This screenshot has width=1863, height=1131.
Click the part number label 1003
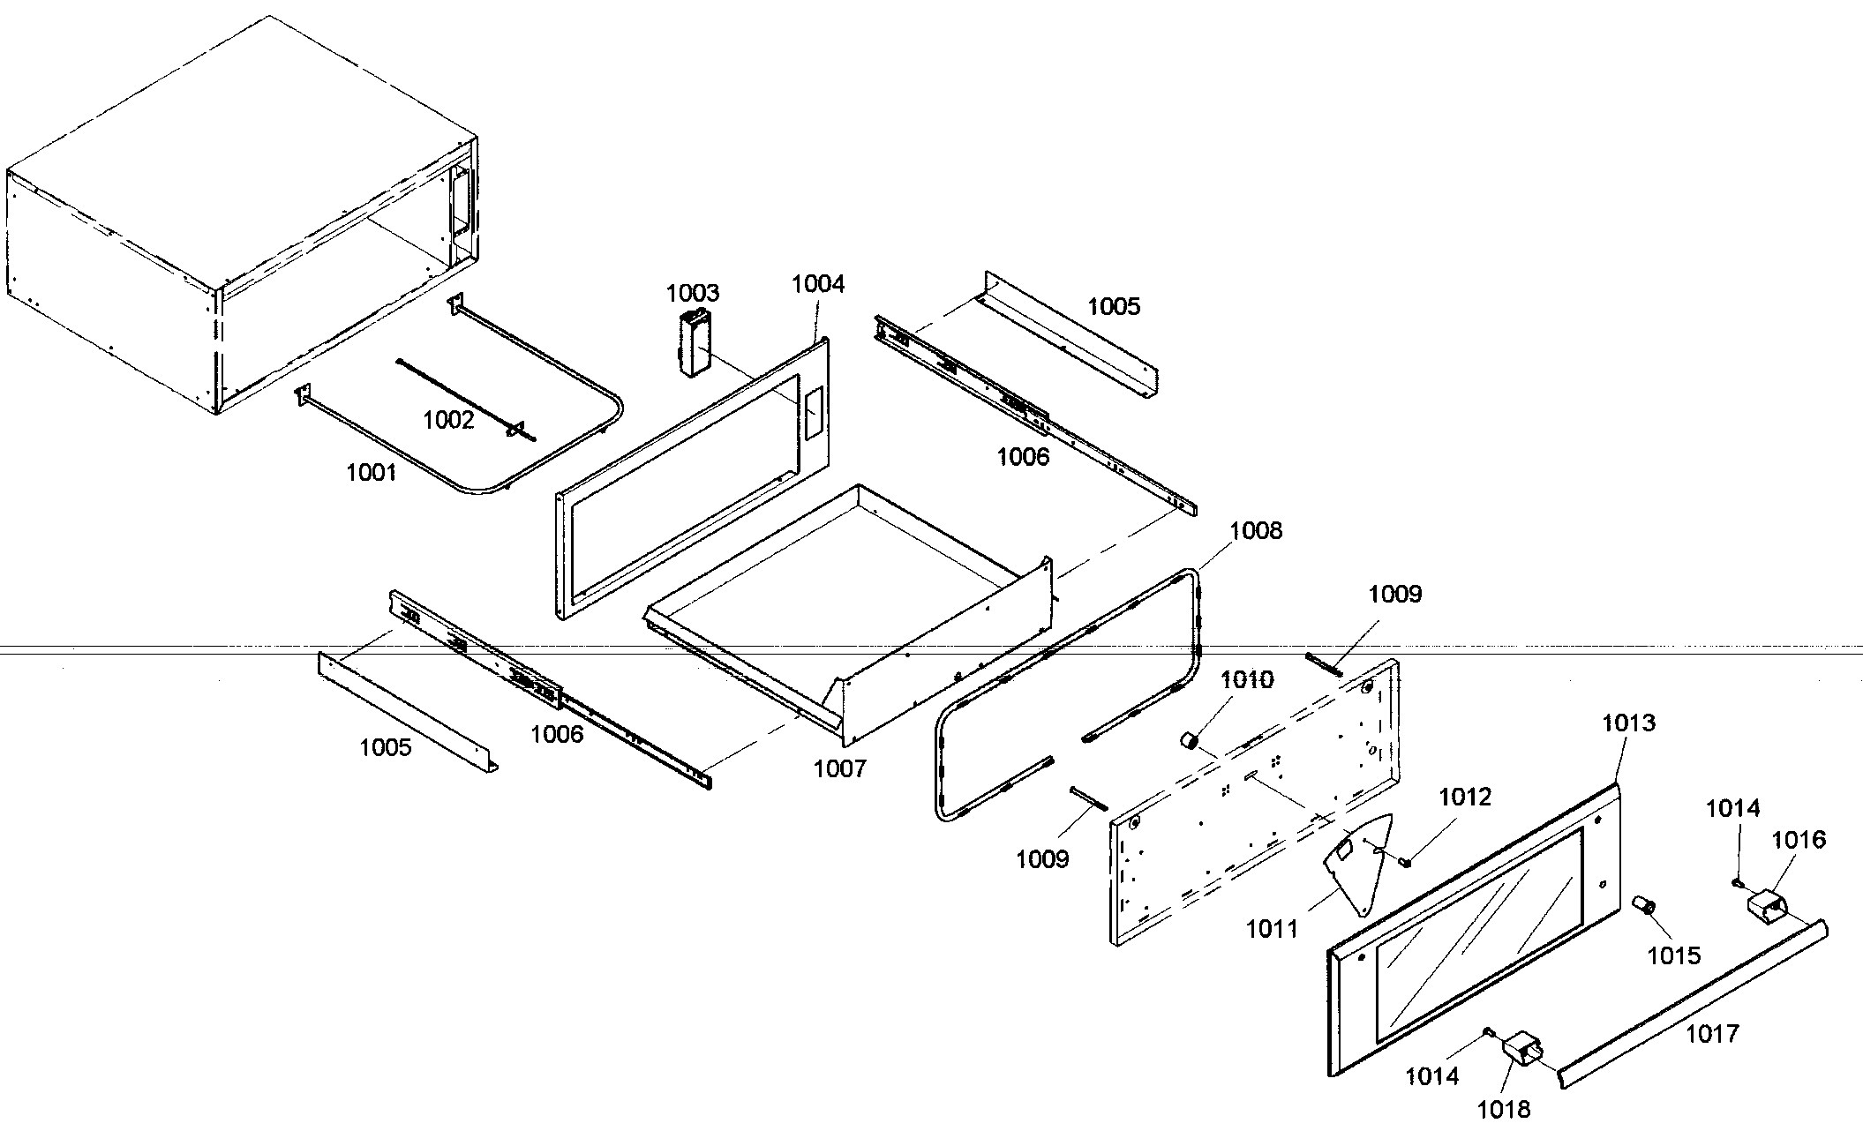(x=693, y=292)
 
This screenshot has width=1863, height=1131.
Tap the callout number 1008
(x=1256, y=530)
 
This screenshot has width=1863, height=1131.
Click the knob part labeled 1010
(x=1190, y=739)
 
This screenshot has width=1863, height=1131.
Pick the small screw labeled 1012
(x=1402, y=861)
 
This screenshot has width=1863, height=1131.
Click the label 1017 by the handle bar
(x=1712, y=1033)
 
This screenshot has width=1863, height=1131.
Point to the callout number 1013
(x=1628, y=723)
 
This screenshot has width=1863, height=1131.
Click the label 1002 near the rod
(x=448, y=420)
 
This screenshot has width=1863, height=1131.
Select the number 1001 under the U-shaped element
(x=371, y=473)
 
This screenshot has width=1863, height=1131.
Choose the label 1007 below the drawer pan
(x=839, y=768)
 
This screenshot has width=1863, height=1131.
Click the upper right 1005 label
(x=1114, y=306)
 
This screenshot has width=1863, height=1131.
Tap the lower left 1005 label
(x=386, y=747)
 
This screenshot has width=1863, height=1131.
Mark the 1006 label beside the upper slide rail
(x=1023, y=456)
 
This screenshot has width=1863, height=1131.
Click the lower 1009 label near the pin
(x=1042, y=858)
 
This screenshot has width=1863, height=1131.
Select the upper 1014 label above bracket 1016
(x=1732, y=808)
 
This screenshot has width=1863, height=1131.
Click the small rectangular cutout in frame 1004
(x=812, y=413)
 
